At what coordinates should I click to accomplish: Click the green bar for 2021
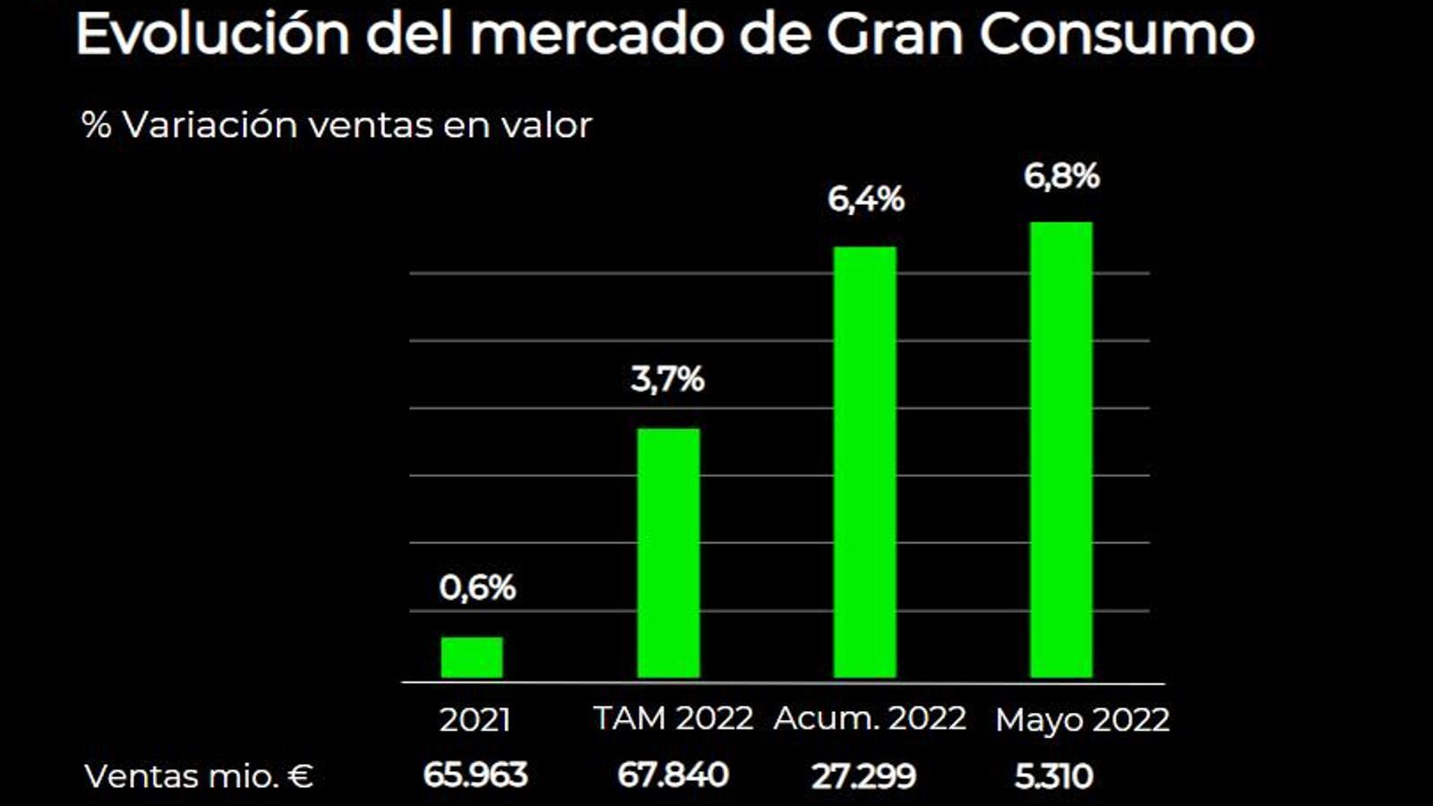tap(472, 657)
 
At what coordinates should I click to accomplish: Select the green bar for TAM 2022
tap(668, 553)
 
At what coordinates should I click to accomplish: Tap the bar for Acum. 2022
tap(864, 462)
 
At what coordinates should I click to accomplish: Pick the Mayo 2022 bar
tap(1061, 450)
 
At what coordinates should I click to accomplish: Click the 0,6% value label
tap(477, 588)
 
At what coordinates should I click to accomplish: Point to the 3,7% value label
tap(667, 380)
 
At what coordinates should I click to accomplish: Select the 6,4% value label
tap(865, 199)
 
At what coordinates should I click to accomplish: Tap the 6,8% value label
tap(1061, 176)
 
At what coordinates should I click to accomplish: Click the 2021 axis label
tap(475, 720)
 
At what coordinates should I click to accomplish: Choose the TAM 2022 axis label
tap(674, 718)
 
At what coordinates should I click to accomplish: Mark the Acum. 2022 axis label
tap(870, 718)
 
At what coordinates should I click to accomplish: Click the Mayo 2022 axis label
tap(1082, 720)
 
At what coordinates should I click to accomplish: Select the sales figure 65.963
tap(475, 776)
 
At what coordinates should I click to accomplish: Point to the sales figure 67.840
tap(673, 776)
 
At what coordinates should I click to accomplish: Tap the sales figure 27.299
tap(863, 776)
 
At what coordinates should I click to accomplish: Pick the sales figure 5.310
tap(1053, 776)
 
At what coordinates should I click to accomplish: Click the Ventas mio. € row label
tap(199, 776)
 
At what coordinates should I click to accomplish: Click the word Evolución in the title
tap(212, 34)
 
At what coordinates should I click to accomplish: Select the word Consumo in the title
tap(1117, 34)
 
